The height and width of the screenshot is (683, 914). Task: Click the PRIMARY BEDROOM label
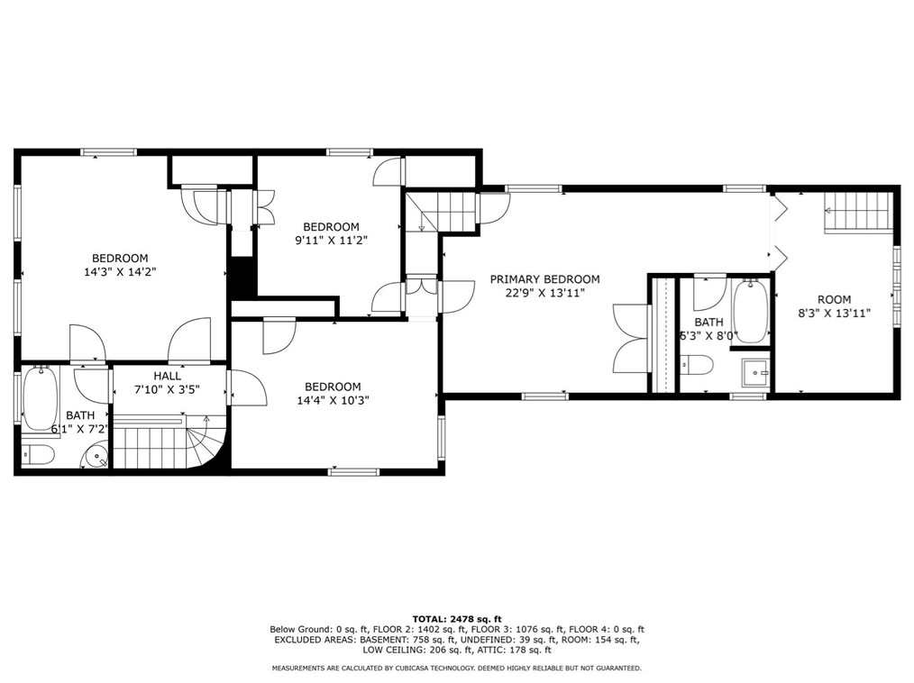pyautogui.click(x=544, y=279)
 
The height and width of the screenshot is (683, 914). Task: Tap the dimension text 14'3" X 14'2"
pyautogui.click(x=120, y=271)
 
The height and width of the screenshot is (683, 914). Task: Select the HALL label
pyautogui.click(x=168, y=376)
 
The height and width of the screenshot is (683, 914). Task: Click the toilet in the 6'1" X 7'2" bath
pyautogui.click(x=39, y=454)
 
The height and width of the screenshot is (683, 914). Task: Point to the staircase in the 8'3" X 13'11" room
pyautogui.click(x=858, y=212)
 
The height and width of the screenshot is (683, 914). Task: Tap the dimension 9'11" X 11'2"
pyautogui.click(x=332, y=240)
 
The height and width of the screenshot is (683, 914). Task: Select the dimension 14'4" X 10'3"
pyautogui.click(x=333, y=400)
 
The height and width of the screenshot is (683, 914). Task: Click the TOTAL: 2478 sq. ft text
pyautogui.click(x=457, y=619)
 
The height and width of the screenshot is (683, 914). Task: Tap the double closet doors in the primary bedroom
pyautogui.click(x=630, y=339)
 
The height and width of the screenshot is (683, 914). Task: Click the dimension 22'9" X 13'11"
pyautogui.click(x=544, y=293)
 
